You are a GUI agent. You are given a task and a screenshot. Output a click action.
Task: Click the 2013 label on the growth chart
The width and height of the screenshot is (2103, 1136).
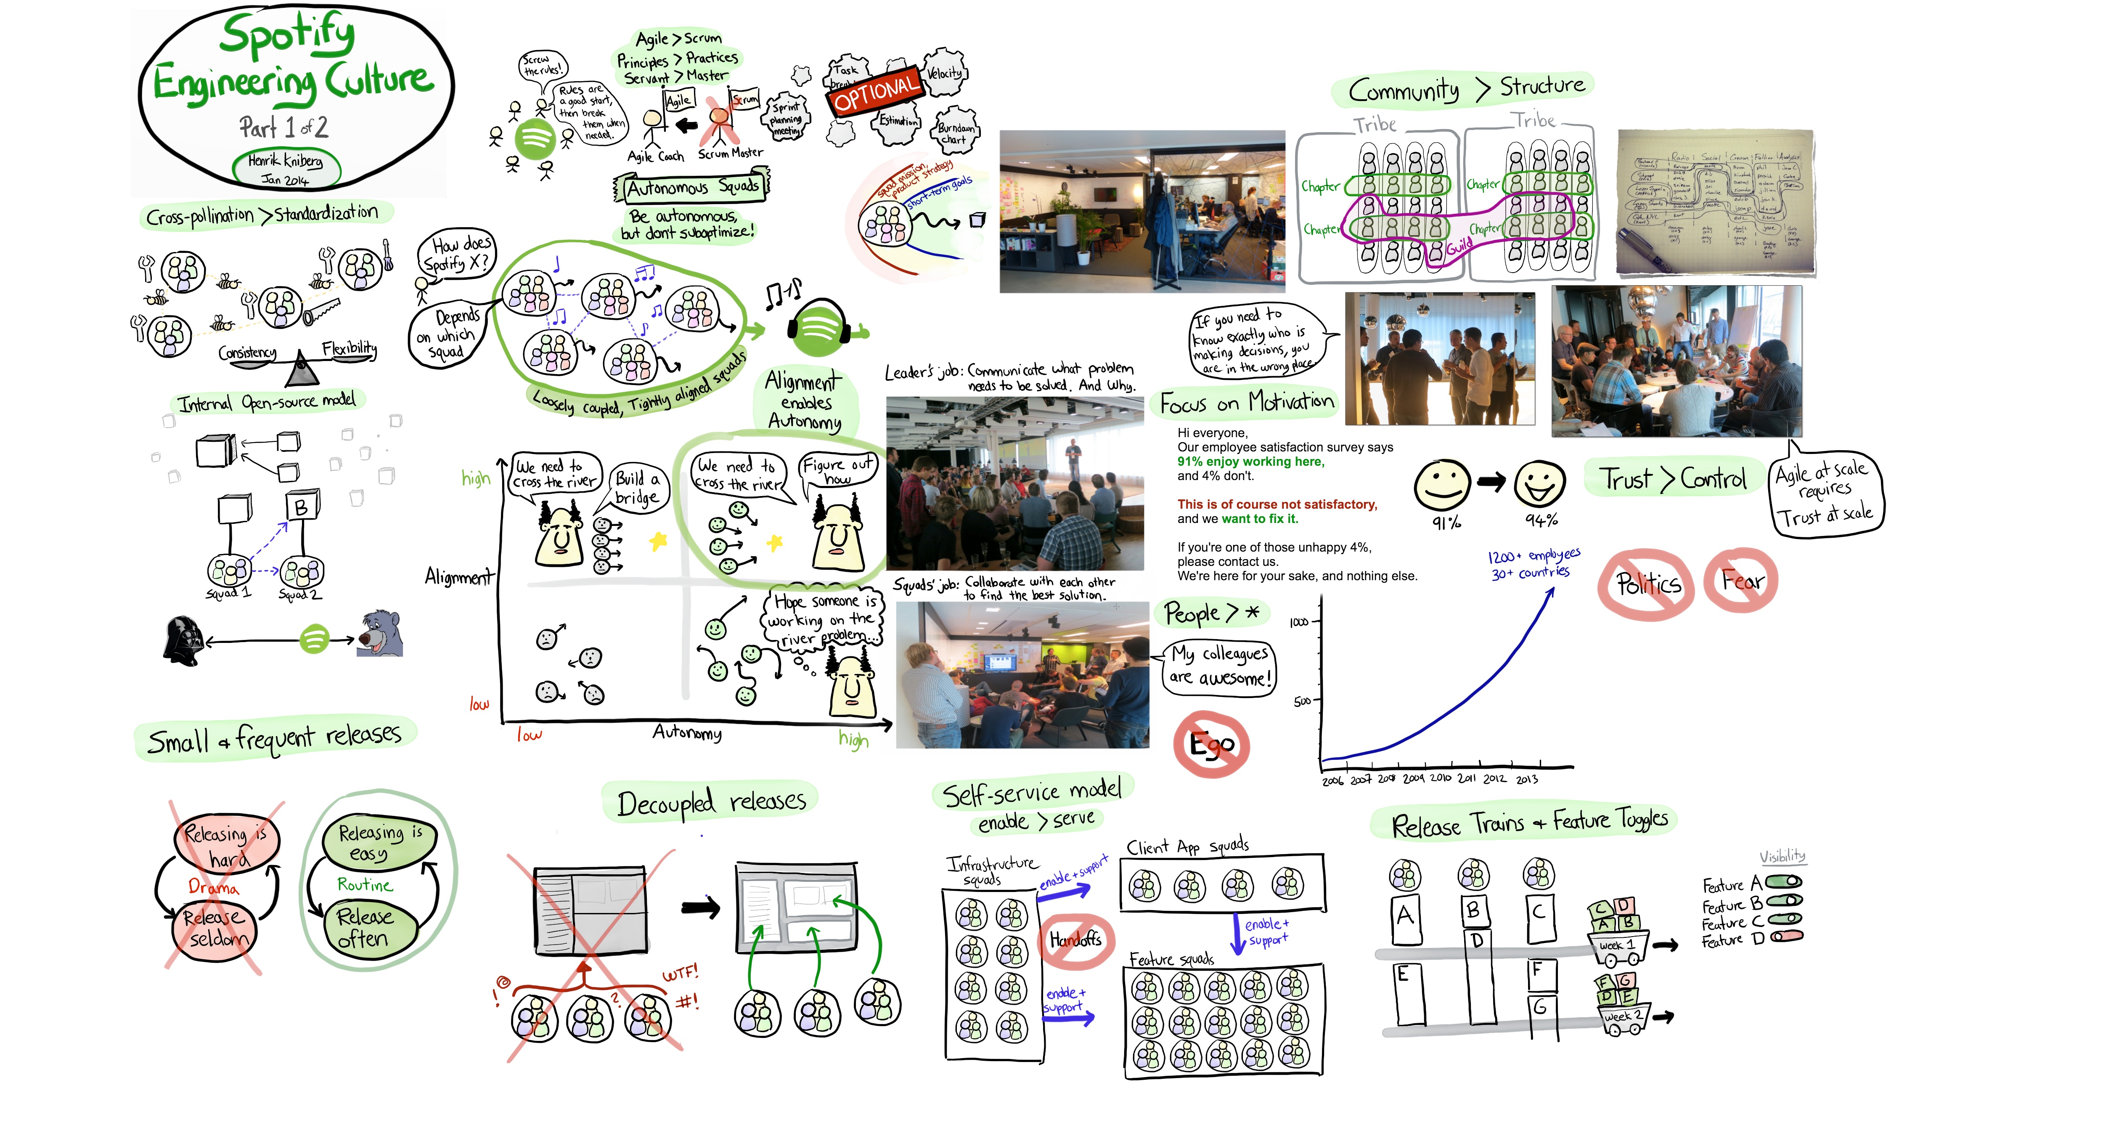click(x=1527, y=779)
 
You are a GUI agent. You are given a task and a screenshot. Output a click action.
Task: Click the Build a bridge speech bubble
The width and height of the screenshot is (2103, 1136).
click(x=638, y=488)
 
